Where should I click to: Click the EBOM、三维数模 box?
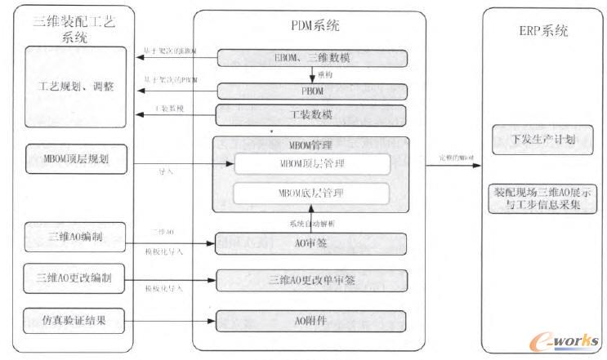pos(310,59)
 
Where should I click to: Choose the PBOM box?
pos(310,91)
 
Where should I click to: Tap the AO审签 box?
pos(310,242)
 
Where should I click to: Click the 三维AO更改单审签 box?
pos(310,281)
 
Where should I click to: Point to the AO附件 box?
pos(310,320)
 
